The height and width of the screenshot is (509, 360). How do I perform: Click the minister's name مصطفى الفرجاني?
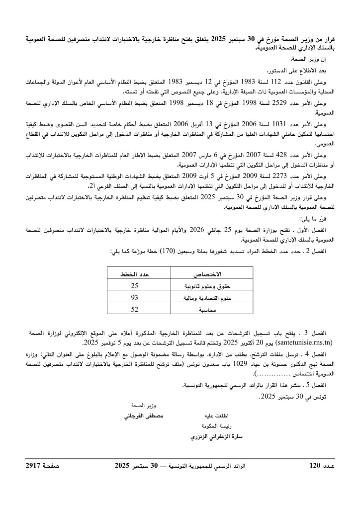[145, 415]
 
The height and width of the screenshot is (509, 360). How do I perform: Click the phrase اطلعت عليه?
[213, 415]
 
